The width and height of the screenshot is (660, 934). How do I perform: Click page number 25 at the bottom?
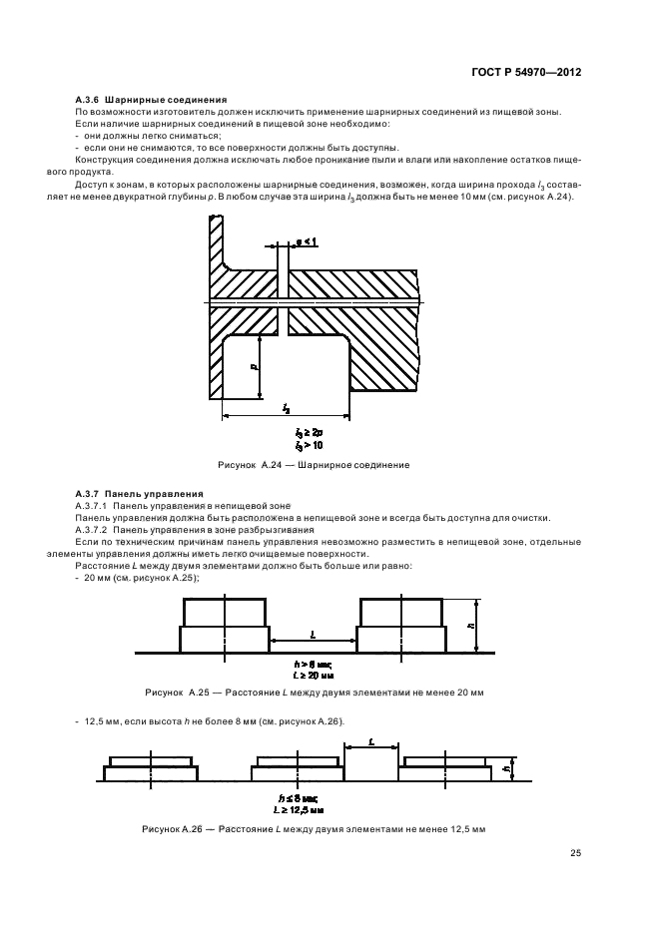(575, 852)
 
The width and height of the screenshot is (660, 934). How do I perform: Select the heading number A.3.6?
(88, 100)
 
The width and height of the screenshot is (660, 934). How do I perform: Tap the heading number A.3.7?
(88, 493)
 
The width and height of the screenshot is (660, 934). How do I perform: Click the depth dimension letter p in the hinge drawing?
(255, 367)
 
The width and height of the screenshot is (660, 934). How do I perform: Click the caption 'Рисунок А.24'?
(245, 465)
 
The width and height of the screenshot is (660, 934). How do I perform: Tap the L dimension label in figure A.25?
(313, 634)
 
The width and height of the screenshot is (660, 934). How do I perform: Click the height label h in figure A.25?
(469, 625)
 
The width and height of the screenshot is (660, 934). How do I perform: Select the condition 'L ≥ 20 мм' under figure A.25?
(313, 676)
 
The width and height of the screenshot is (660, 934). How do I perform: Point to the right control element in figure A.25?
(400, 625)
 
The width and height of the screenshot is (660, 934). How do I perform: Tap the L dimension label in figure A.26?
(371, 741)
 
